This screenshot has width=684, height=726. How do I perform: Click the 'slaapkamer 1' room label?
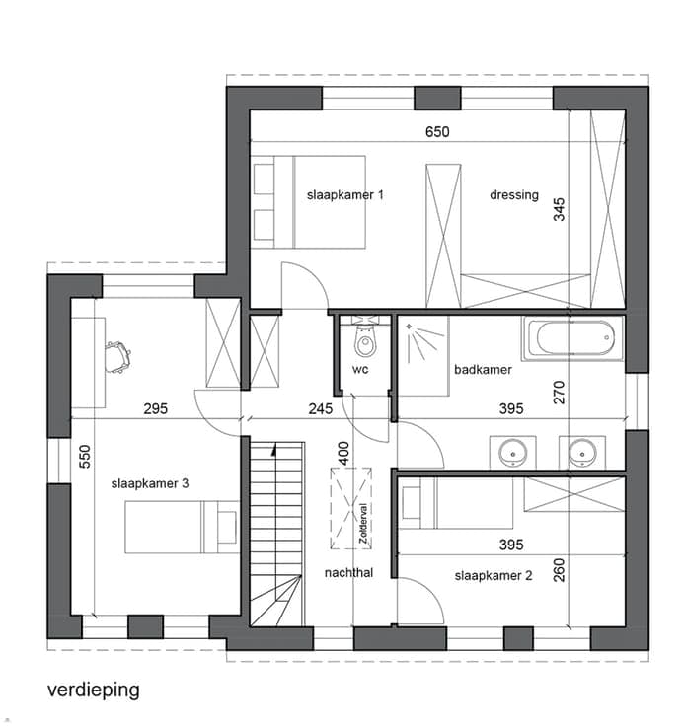tap(345, 195)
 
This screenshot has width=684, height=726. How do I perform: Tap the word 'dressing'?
tap(514, 195)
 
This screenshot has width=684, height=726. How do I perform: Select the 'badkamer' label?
tap(483, 370)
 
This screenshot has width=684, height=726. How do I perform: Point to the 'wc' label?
tap(360, 369)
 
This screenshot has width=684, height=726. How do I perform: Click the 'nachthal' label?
tap(348, 573)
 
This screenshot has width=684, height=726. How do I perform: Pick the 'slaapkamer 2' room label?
tap(494, 575)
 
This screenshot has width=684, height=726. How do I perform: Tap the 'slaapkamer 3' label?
tap(150, 484)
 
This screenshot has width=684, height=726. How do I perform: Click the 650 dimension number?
tap(437, 132)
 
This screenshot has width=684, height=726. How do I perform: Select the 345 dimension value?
tap(560, 209)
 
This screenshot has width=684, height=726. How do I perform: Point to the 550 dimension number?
tap(85, 457)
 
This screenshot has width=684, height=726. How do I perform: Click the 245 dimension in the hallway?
tap(320, 408)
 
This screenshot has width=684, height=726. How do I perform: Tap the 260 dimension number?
tap(560, 570)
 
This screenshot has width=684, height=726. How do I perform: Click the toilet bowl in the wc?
tap(365, 341)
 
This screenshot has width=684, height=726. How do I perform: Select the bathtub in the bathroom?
tap(572, 338)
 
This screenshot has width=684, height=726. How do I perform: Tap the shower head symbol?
tap(410, 327)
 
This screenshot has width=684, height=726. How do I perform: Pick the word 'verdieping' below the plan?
tap(93, 690)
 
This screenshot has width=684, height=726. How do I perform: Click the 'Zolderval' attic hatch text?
tap(364, 523)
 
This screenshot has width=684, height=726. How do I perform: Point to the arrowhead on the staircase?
tap(274, 448)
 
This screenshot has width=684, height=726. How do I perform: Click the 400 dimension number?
tap(343, 454)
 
